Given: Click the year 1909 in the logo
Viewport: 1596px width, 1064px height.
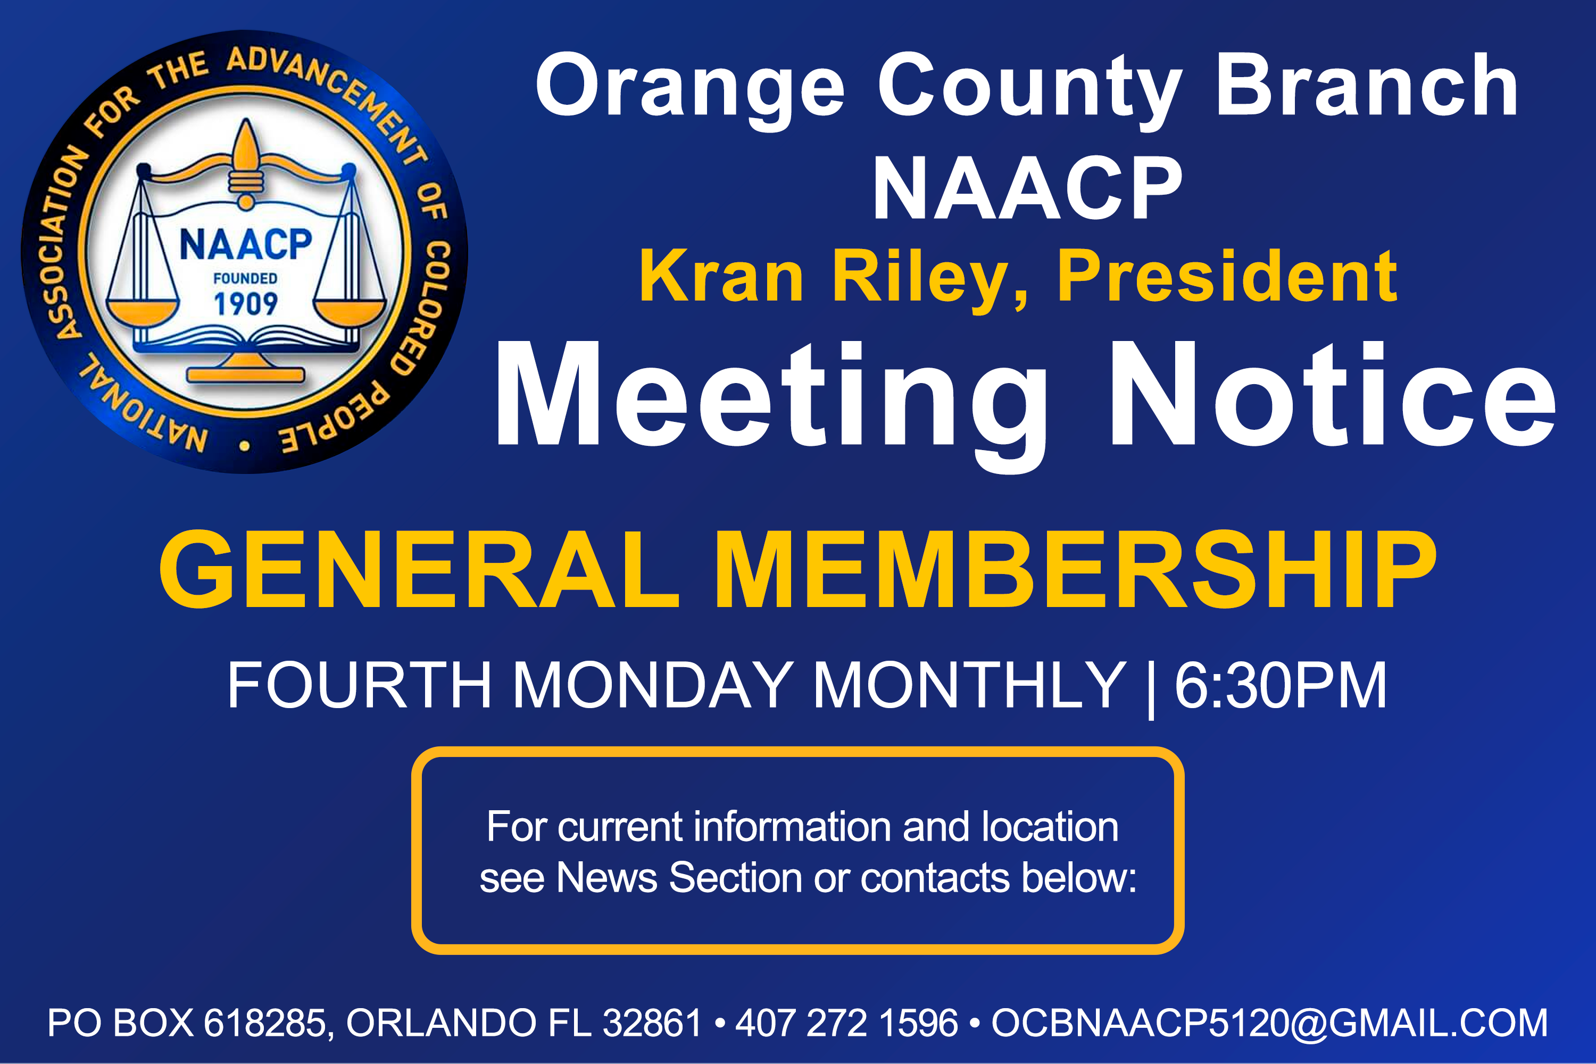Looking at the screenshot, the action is coord(246,303).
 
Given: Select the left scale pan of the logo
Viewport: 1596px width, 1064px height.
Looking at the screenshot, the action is coord(143,313).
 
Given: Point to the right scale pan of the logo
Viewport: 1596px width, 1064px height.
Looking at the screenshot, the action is coord(350,313).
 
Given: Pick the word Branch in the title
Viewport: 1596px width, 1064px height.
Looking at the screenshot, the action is coord(1367,84).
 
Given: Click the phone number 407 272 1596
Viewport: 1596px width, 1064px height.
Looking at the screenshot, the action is coord(847,1023).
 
